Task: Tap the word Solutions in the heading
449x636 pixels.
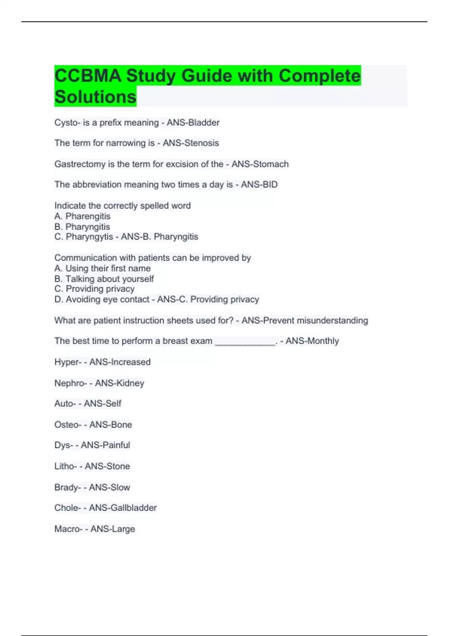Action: tap(95, 97)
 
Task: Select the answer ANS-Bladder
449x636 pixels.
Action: tap(193, 123)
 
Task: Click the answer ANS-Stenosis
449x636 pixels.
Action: tap(191, 143)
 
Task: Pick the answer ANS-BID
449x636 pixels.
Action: tap(259, 184)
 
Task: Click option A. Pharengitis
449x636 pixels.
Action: tap(82, 216)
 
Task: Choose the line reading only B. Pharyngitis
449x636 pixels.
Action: tap(82, 227)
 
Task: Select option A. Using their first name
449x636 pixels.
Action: tap(103, 268)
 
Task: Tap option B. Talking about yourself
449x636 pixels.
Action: tap(104, 279)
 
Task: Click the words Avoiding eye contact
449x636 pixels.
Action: tap(107, 299)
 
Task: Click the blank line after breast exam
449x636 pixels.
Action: tap(245, 342)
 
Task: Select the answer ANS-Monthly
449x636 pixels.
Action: tap(312, 341)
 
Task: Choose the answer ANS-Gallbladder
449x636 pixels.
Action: tap(123, 508)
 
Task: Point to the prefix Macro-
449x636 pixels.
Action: tap(68, 529)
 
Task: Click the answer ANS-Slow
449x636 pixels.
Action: tap(109, 487)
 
